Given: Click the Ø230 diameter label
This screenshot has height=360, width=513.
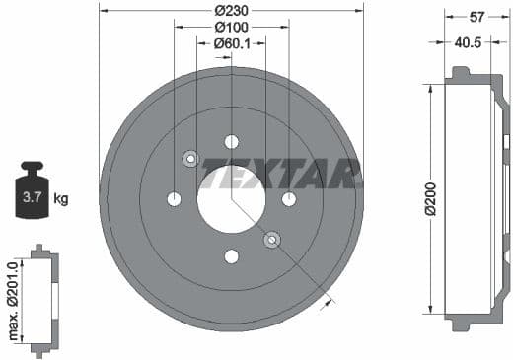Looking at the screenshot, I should click(x=232, y=11).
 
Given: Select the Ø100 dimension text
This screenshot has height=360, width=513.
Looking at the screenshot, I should click(x=232, y=28).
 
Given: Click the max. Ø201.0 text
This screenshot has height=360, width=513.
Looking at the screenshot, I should click(x=14, y=301).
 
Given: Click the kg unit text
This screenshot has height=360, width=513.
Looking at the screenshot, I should click(x=61, y=199).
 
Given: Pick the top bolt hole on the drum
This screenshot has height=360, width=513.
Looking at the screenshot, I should click(x=231, y=141).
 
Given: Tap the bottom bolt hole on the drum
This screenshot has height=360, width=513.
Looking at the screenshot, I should click(x=231, y=256).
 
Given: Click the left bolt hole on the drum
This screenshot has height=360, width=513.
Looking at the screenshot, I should click(x=174, y=199).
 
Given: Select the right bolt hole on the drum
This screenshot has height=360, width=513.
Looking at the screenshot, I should click(x=289, y=199).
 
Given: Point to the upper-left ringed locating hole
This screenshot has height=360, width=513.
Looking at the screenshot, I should click(x=190, y=159).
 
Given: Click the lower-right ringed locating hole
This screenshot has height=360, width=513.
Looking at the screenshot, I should click(x=271, y=240).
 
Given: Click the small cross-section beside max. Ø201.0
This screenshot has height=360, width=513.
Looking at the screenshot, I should click(x=40, y=300).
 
